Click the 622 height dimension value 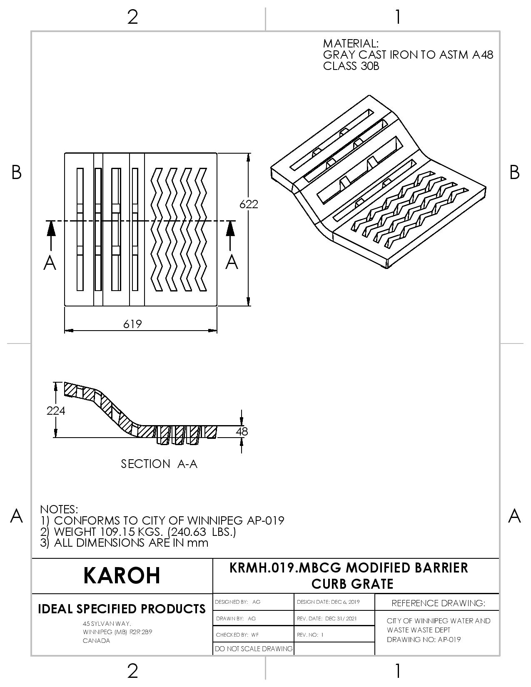[x=249, y=204]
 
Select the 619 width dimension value [x=132, y=324]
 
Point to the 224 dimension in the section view [x=56, y=411]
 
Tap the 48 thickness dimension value [x=242, y=431]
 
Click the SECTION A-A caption [x=159, y=464]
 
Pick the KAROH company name [x=122, y=575]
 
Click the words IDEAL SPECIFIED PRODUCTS [x=122, y=609]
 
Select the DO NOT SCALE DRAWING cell [x=254, y=649]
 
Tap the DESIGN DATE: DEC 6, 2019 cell [x=328, y=602]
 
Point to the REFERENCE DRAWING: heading [x=438, y=603]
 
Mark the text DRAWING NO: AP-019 [x=424, y=640]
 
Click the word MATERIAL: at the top [x=351, y=43]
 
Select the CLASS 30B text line [x=351, y=66]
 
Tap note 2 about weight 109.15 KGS [x=138, y=532]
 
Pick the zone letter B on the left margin [x=16, y=172]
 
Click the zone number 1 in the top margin [x=398, y=17]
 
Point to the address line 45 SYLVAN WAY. [x=107, y=624]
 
